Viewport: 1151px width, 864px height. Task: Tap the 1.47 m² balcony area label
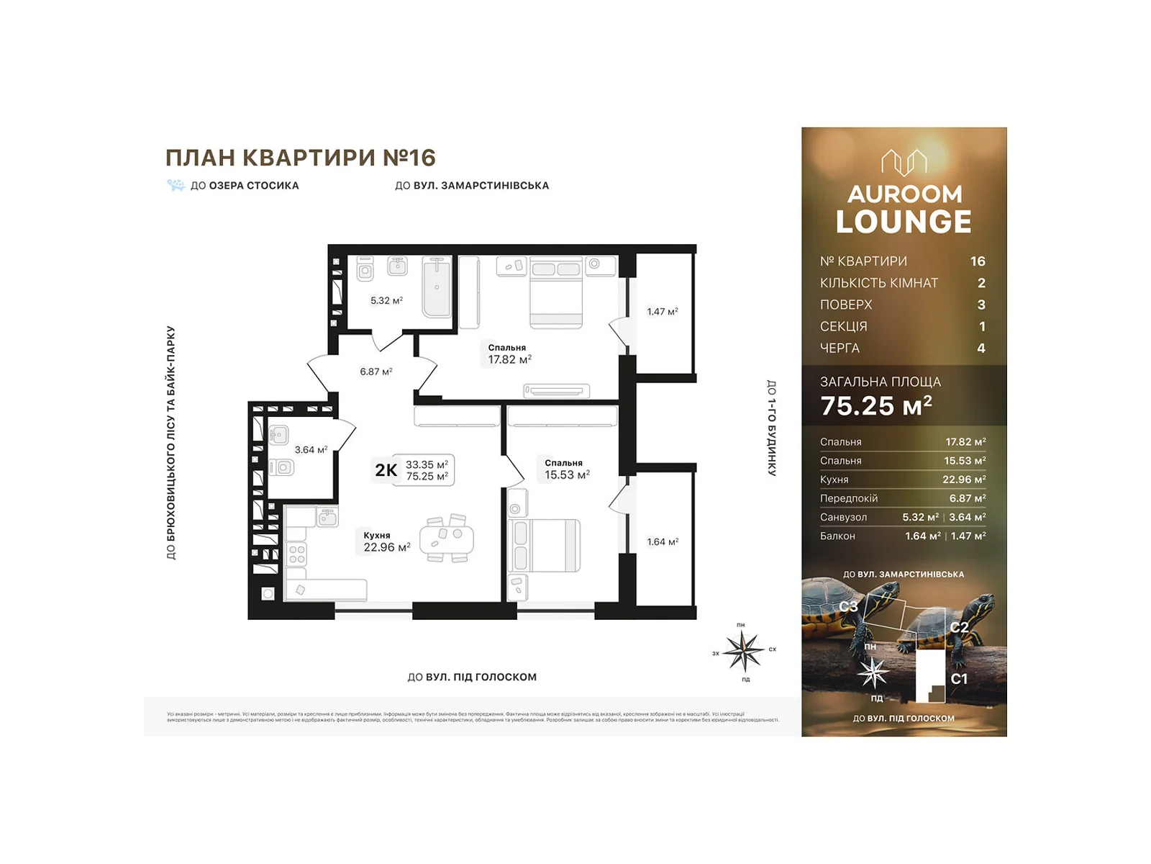coord(662,312)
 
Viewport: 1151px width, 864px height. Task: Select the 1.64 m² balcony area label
coord(662,541)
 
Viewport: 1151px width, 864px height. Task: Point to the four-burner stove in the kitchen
coord(296,554)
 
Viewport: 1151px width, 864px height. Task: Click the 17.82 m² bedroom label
coord(509,354)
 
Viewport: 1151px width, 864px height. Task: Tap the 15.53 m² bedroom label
coord(566,469)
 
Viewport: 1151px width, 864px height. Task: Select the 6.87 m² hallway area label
coord(376,372)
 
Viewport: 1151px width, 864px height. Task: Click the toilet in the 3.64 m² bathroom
coord(282,467)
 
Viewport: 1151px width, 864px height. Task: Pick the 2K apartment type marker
coord(386,470)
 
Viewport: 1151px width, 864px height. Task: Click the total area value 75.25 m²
coord(875,406)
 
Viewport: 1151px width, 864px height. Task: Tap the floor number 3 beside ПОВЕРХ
coord(981,305)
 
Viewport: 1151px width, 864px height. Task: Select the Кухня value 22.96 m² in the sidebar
coord(963,480)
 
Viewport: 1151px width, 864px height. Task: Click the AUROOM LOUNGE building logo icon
coord(904,163)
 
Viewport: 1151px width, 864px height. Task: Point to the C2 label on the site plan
coord(958,627)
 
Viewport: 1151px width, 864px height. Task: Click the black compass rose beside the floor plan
coord(743,650)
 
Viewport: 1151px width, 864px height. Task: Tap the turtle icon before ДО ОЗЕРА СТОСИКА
coord(176,185)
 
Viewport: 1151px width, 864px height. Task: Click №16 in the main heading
coord(409,157)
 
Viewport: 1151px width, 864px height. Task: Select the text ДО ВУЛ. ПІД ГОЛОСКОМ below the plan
coord(472,677)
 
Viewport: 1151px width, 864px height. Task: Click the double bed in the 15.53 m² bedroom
coord(545,546)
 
